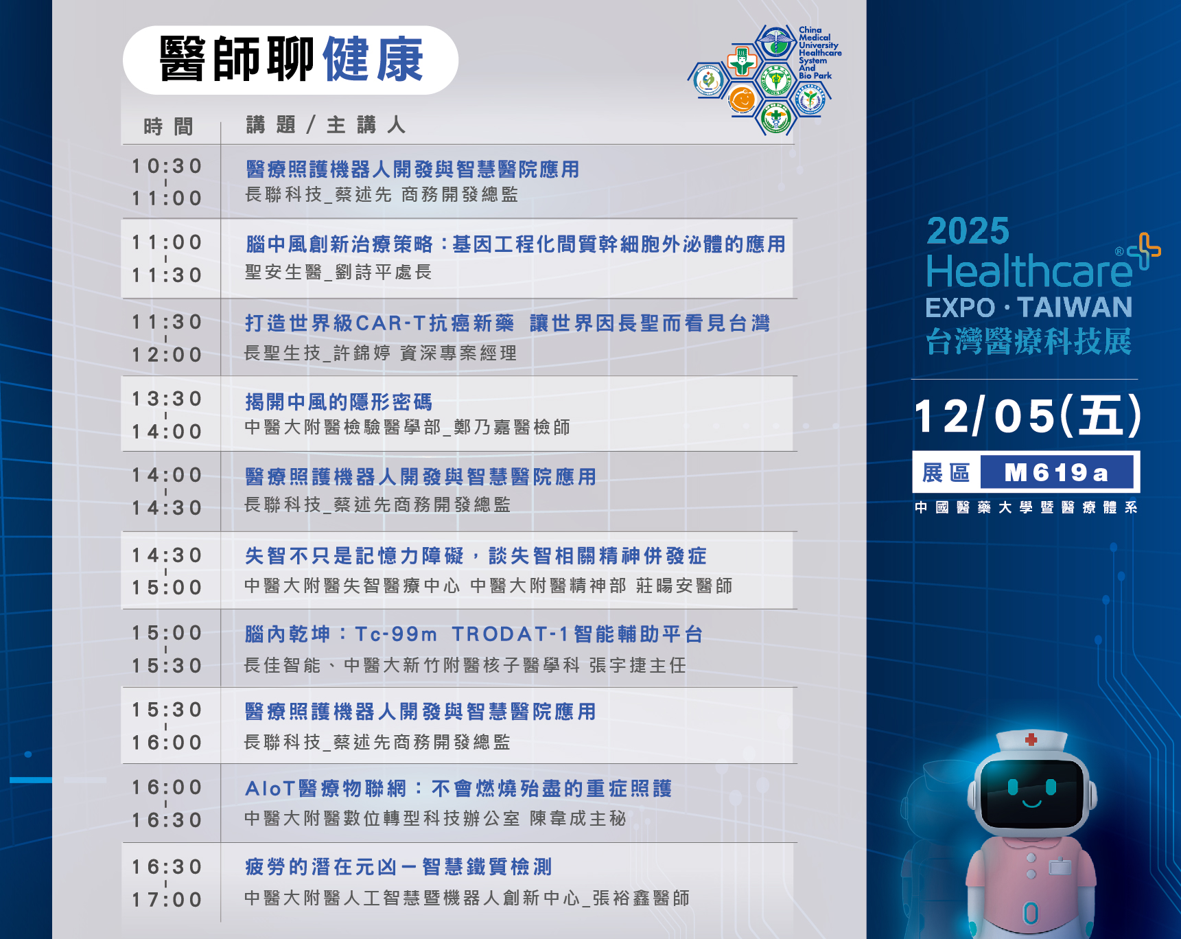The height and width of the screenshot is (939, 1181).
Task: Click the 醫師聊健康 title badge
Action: tap(290, 60)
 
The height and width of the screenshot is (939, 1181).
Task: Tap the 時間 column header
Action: tap(169, 126)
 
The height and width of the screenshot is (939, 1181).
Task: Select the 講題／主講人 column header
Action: tap(326, 125)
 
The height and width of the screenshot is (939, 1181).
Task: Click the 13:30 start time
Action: tap(167, 399)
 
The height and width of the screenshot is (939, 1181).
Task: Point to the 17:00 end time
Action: tap(167, 900)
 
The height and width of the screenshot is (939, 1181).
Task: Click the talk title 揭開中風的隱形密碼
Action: tap(339, 402)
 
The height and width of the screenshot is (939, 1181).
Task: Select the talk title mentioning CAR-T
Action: tap(508, 323)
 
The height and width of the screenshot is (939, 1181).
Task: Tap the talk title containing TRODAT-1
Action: tap(474, 634)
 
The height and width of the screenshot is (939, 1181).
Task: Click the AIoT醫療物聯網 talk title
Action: tap(458, 789)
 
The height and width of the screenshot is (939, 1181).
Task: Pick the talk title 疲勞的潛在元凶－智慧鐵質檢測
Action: tap(399, 867)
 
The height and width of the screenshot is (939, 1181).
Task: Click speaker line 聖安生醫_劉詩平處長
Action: tap(338, 273)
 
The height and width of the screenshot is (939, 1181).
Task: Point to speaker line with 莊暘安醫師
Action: tap(489, 586)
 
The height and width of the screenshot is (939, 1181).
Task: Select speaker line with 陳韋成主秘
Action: tap(435, 818)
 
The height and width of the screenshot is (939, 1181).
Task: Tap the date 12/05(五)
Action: tap(1027, 416)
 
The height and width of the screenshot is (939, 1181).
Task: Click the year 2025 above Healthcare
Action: tap(968, 231)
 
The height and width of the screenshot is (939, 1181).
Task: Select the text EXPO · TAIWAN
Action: tap(1029, 308)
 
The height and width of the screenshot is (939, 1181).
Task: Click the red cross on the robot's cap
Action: tap(1031, 739)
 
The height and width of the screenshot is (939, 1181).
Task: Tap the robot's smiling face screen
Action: tap(1031, 795)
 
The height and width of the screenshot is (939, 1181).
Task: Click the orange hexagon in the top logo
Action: tap(742, 100)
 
